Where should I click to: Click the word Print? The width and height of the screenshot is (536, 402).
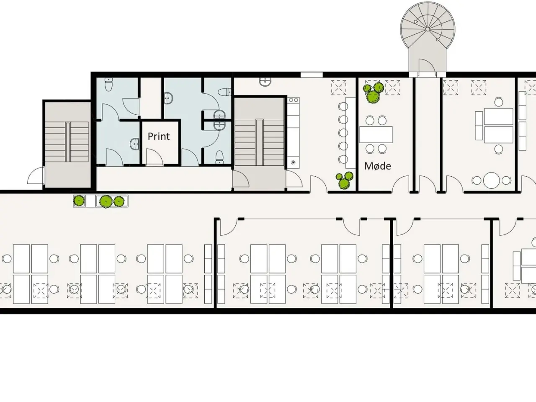158,137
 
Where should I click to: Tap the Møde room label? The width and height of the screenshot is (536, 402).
378,166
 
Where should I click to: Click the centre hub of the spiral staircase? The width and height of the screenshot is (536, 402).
428,29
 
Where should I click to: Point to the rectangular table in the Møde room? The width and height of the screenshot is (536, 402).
376,134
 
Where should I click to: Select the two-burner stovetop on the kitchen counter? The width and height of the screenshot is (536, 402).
293,100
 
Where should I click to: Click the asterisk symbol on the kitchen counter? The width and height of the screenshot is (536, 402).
293,162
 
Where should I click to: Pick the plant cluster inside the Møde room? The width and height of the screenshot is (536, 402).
373,93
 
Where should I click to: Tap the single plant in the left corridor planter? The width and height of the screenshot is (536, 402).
79,201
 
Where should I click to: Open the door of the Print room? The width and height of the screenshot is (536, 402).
155,157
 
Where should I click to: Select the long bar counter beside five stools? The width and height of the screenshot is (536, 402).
350,133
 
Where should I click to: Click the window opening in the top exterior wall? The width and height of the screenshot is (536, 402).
312,75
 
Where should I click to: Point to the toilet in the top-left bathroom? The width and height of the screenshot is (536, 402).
108,84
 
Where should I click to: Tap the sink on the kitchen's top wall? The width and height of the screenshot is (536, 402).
265,82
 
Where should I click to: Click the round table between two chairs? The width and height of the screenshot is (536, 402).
491,180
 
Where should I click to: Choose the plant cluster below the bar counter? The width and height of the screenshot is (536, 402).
344,180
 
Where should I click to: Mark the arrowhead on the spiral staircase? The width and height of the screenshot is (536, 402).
416,22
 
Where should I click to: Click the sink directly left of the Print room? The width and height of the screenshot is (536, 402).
134,144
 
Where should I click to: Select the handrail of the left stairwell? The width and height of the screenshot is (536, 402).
68,142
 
